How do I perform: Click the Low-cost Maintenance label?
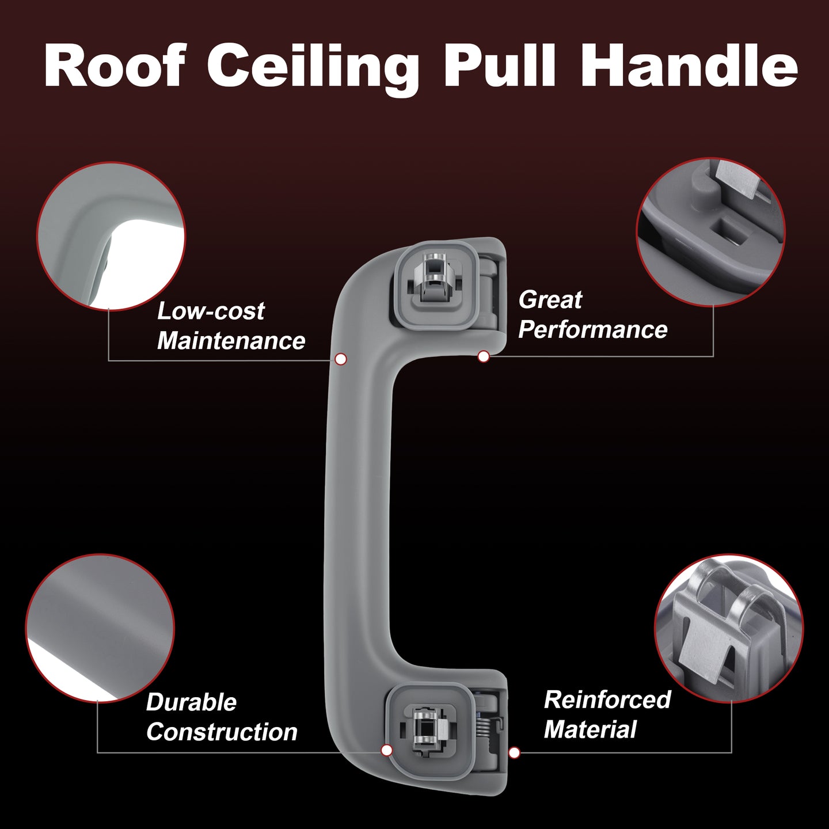[231, 326]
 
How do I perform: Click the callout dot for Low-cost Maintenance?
[341, 359]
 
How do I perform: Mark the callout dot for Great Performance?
[484, 356]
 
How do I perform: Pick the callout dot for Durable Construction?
[387, 751]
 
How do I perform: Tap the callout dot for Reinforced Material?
[514, 753]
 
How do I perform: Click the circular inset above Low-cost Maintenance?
[111, 236]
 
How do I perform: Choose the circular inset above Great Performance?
[710, 233]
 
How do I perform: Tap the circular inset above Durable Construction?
[100, 629]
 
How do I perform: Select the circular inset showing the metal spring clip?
[729, 629]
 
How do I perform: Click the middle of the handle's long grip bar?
[358, 516]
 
